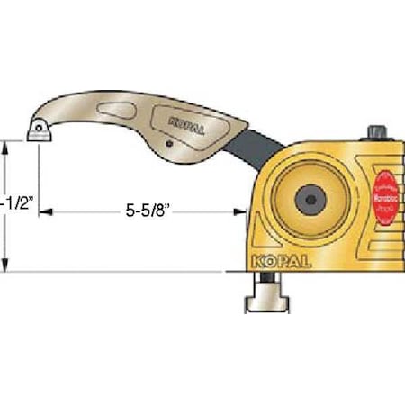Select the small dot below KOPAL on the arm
[x=168, y=144]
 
